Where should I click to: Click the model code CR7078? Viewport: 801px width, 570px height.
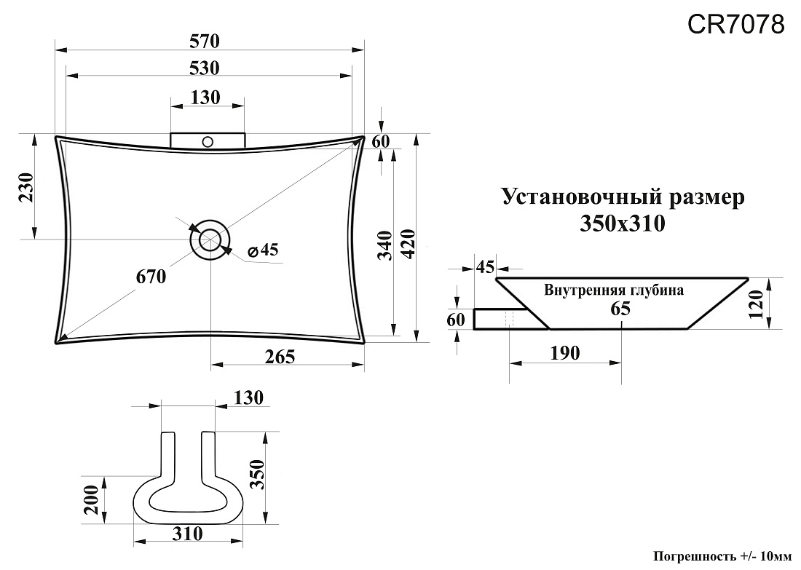point(735,24)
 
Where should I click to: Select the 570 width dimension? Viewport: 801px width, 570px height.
point(205,41)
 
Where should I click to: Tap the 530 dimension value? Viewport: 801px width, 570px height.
point(205,68)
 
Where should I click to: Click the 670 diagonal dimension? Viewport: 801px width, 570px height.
point(151,277)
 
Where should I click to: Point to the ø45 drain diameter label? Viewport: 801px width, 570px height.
point(263,250)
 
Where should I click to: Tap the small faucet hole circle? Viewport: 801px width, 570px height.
point(208,141)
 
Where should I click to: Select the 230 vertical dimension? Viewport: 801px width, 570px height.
point(26,187)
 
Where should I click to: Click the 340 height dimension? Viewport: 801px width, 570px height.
point(385,245)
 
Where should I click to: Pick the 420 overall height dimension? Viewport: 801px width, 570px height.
point(409,244)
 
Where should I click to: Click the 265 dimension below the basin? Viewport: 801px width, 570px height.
point(280,357)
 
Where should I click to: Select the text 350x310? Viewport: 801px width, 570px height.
point(622,223)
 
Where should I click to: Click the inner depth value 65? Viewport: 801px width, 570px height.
point(620,309)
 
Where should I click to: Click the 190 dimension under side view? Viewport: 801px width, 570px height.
point(565,353)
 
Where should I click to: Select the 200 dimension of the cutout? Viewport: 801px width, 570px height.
point(92,500)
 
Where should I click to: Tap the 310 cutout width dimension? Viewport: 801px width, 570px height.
point(187,534)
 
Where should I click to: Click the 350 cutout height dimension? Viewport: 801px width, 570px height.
point(259,475)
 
